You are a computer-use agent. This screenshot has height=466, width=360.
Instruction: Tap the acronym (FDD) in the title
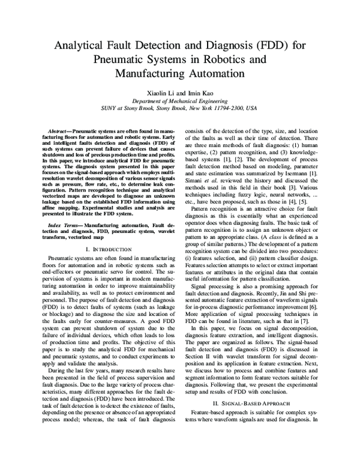click(281, 46)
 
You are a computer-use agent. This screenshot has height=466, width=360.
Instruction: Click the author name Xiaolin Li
click(160, 94)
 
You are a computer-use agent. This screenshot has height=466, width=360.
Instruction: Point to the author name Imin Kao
click(199, 94)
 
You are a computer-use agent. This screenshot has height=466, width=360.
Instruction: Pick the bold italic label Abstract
click(59, 130)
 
